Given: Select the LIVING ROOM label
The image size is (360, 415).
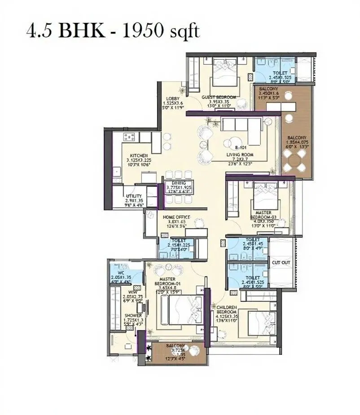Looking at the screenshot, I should click(x=240, y=155).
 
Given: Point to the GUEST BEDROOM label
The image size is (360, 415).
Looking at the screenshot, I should click(x=219, y=97).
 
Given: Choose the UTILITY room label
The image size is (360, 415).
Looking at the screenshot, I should click(x=134, y=196).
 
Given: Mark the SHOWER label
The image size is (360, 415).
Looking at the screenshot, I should click(x=133, y=316).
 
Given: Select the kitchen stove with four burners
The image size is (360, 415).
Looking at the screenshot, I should click(x=129, y=137).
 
